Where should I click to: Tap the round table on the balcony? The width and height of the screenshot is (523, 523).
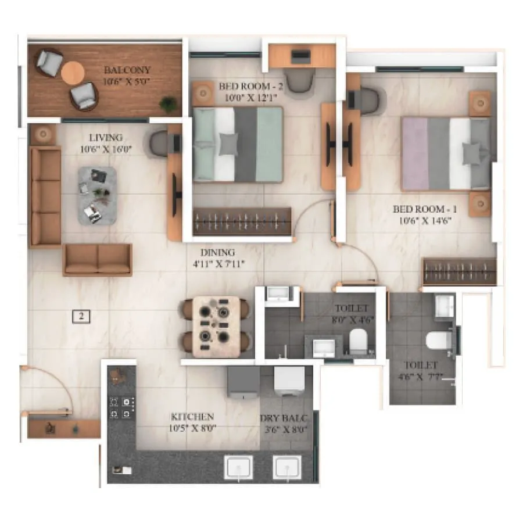point(73,73)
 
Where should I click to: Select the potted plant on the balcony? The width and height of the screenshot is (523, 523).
point(169,104)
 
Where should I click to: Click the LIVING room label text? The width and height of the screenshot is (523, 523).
point(106,138)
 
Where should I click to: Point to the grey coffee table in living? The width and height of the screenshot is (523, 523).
point(96,195)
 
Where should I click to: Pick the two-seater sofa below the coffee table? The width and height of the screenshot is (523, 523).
point(98,259)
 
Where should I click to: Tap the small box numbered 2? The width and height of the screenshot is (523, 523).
point(82,317)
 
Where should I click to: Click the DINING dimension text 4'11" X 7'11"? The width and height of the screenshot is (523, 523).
point(218,264)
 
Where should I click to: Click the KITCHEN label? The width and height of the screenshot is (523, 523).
point(192,417)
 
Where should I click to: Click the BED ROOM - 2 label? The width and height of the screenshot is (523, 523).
point(250,87)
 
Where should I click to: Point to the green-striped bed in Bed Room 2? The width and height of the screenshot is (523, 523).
point(238,144)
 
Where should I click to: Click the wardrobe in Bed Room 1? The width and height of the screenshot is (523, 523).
point(459,271)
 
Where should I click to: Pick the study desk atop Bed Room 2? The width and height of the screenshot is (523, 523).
point(302,56)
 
